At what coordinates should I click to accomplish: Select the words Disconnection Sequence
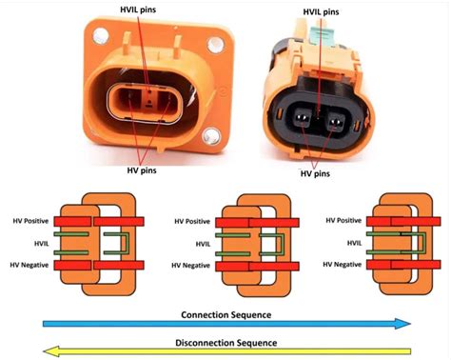[x=226, y=342]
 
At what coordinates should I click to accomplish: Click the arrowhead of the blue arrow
[x=403, y=324]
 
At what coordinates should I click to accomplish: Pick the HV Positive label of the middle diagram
[x=193, y=222]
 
